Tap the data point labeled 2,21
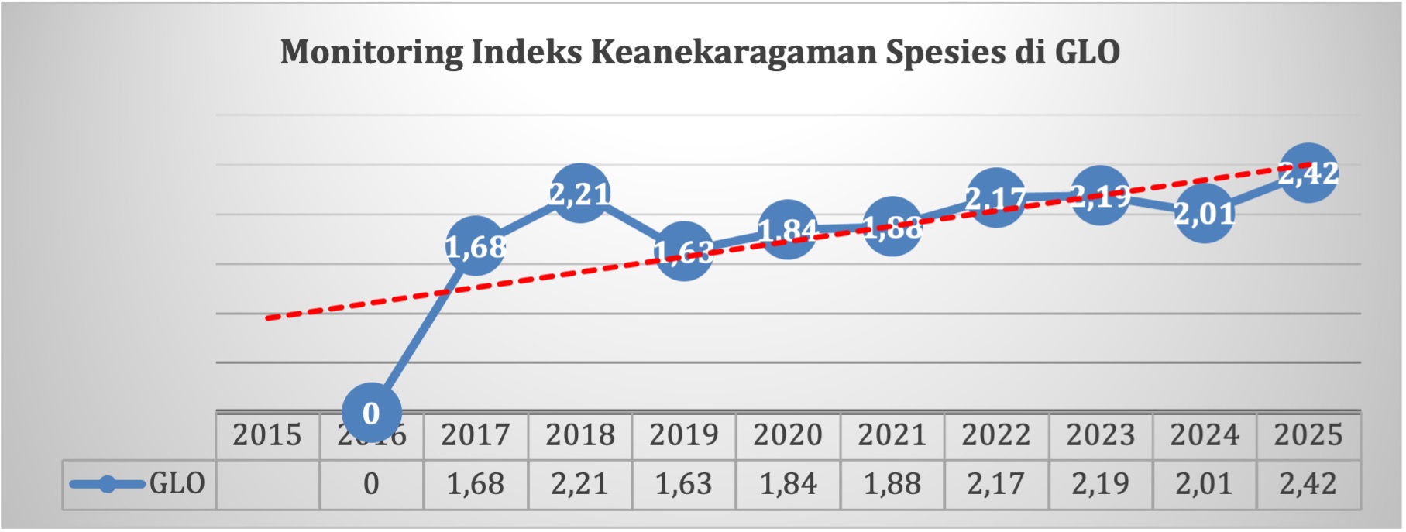point(579,194)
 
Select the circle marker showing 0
point(371,414)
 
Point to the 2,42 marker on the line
point(1308,173)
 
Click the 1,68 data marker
point(476,246)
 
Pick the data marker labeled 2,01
point(1204,212)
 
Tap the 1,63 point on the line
point(683,251)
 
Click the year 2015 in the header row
point(267,435)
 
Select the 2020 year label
point(788,435)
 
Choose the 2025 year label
point(1308,435)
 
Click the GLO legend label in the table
point(177,484)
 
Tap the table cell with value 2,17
point(995,484)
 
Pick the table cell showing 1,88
point(892,484)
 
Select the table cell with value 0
point(371,484)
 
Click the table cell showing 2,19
point(1100,484)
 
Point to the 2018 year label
point(579,435)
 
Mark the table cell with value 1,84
point(788,484)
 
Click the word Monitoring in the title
point(371,53)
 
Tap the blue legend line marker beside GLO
point(107,485)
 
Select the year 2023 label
point(1100,435)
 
